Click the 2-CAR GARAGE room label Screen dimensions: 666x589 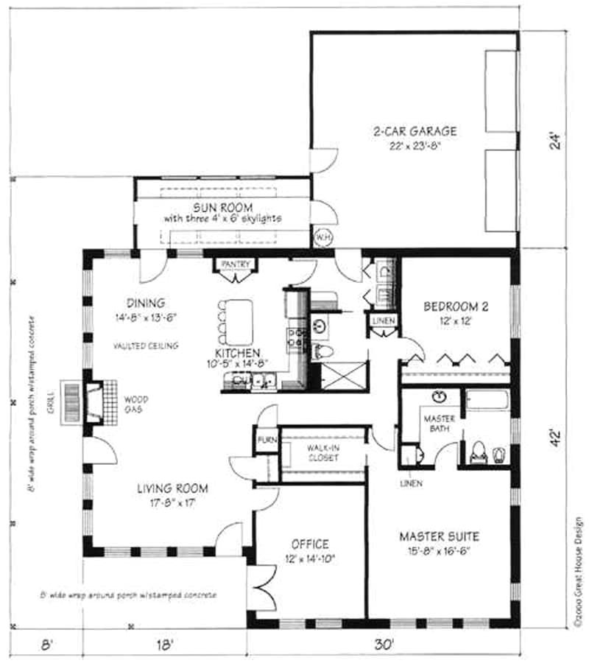(415, 132)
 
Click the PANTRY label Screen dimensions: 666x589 (235, 264)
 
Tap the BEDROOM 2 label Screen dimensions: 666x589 (456, 307)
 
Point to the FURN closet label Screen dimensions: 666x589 (266, 441)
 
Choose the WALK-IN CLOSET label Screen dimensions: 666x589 (322, 452)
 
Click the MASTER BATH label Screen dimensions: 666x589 (438, 424)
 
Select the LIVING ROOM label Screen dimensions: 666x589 (172, 488)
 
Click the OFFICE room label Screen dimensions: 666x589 (309, 544)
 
